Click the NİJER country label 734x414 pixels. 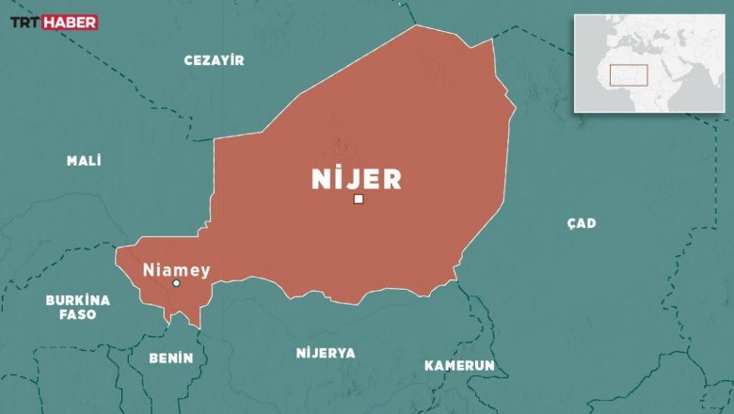pyautogui.click(x=357, y=179)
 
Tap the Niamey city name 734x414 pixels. pyautogui.click(x=176, y=270)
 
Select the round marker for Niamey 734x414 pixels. pyautogui.click(x=176, y=283)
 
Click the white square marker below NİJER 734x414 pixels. pyautogui.click(x=359, y=199)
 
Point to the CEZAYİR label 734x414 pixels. pyautogui.click(x=214, y=60)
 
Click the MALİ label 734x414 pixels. pyautogui.click(x=84, y=161)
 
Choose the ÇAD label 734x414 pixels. pyautogui.click(x=582, y=223)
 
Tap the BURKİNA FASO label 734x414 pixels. pyautogui.click(x=78, y=308)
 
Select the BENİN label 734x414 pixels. pyautogui.click(x=171, y=358)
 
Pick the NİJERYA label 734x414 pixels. pyautogui.click(x=326, y=353)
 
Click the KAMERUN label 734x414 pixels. pyautogui.click(x=459, y=365)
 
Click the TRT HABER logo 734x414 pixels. pyautogui.click(x=54, y=23)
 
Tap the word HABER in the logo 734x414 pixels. pyautogui.click(x=70, y=23)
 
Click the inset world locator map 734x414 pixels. pyautogui.click(x=649, y=63)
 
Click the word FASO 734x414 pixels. pyautogui.click(x=78, y=315)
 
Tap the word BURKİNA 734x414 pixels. pyautogui.click(x=78, y=300)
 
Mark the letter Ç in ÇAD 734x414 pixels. pyautogui.click(x=571, y=223)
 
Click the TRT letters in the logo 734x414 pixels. pyautogui.click(x=25, y=23)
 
